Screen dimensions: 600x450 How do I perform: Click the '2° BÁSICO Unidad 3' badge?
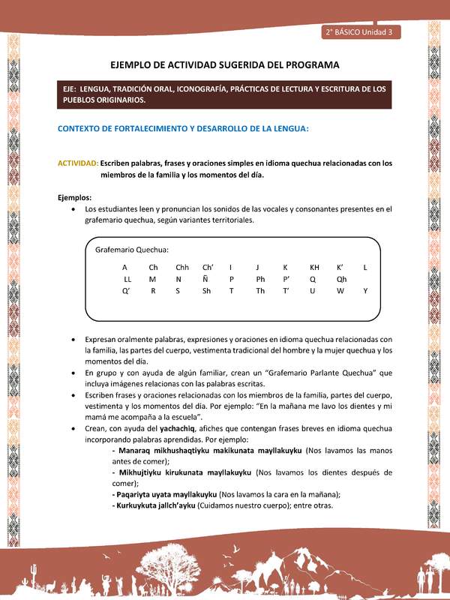[x=362, y=32]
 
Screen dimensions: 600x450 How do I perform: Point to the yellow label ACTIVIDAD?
[x=78, y=162]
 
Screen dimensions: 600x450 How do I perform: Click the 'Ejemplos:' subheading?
[x=75, y=197]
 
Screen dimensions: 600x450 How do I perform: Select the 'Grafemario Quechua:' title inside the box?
[x=131, y=249]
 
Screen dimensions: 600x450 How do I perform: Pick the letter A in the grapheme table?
[x=124, y=267]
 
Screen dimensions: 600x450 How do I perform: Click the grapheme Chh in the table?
[x=182, y=267]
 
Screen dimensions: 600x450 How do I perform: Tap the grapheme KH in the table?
[x=314, y=267]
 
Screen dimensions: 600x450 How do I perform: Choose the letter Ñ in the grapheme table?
[x=205, y=279]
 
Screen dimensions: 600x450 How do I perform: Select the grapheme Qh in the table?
[x=341, y=279]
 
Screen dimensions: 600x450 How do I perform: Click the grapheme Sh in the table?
[x=206, y=291]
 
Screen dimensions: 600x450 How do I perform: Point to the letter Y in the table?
[x=365, y=291]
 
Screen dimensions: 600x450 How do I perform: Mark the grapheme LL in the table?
[x=127, y=279]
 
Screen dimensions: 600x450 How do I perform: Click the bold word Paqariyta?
[x=133, y=494]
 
